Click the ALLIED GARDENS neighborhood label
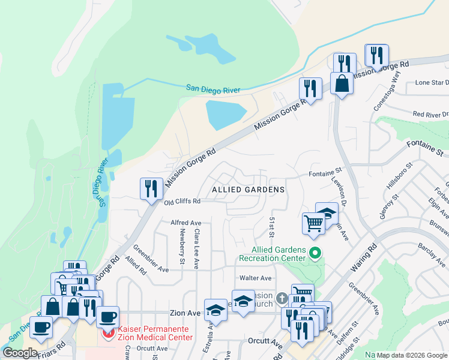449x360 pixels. (248, 190)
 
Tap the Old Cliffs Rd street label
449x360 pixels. (182, 202)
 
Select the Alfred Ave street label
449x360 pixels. (185, 222)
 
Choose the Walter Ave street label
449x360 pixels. (256, 278)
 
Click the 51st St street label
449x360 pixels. (272, 226)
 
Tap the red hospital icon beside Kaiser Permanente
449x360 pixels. (108, 334)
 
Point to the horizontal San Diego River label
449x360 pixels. (212, 89)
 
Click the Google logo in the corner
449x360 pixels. (20, 353)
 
